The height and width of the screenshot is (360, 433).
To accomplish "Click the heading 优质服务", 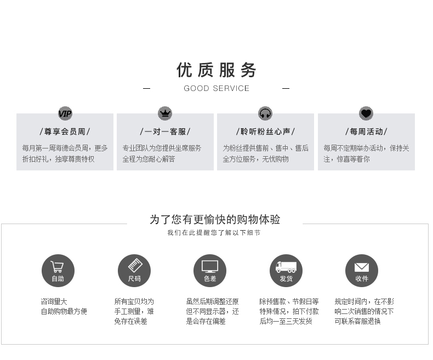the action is tap(216, 70).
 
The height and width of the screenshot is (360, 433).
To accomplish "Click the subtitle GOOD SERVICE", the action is tap(216, 88).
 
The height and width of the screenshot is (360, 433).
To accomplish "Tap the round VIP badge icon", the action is tap(65, 113).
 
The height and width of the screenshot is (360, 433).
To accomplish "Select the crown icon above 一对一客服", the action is tap(165, 113).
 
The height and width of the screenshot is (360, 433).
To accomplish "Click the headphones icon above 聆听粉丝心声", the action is tap(265, 113).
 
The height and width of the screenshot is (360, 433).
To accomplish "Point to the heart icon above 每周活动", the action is tap(366, 113).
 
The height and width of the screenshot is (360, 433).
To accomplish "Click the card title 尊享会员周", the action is tap(65, 132).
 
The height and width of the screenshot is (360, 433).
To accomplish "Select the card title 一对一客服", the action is tap(165, 132).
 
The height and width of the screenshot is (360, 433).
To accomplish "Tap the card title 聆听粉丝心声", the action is tap(265, 132).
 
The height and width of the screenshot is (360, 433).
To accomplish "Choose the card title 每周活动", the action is tap(366, 132).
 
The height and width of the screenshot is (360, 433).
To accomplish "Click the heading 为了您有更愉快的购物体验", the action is tap(215, 220).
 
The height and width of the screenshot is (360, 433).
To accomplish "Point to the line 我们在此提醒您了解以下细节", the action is tap(214, 233).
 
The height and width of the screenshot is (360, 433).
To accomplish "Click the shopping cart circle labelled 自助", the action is tap(58, 271).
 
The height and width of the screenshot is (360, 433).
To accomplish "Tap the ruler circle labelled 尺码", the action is tap(134, 271).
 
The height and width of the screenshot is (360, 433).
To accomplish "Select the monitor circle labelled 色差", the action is tap(210, 271).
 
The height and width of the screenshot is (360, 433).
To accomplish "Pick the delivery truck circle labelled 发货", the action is tap(286, 271).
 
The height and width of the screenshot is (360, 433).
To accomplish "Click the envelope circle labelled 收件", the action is tap(362, 271).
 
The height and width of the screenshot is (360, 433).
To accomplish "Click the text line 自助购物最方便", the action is tap(64, 311).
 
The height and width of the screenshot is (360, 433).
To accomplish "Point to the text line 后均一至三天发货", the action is tap(286, 321).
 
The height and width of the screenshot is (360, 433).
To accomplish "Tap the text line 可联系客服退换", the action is tap(357, 321).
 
